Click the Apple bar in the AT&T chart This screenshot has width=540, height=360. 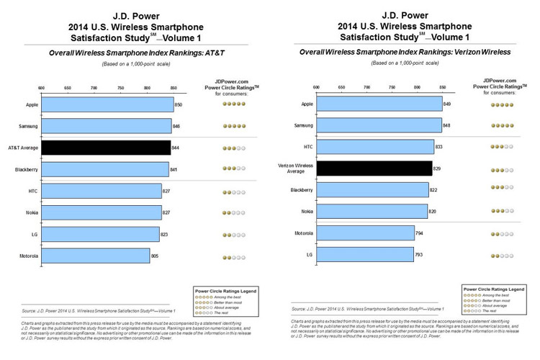click(107, 104)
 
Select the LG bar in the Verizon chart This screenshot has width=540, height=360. click(365, 254)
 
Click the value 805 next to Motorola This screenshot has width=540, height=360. click(156, 256)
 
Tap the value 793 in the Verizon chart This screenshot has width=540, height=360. click(420, 254)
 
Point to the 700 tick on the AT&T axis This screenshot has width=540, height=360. click(94, 89)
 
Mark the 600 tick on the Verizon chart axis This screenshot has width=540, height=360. click(316, 87)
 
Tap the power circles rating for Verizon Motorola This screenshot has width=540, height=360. click(502, 233)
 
